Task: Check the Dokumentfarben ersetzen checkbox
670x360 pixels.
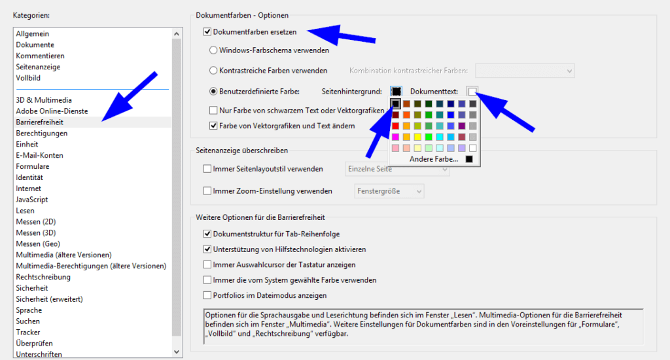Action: point(207,31)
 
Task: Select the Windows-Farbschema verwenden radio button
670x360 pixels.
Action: point(213,50)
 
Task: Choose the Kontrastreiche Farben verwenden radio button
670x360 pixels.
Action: point(213,70)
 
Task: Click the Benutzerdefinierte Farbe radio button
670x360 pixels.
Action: point(213,91)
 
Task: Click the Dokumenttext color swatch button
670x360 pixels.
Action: point(472,91)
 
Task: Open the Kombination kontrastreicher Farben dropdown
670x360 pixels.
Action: point(525,70)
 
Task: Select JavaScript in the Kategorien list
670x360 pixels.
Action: point(32,200)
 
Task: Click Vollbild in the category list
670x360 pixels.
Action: point(28,78)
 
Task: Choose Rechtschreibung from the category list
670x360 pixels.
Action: point(44,277)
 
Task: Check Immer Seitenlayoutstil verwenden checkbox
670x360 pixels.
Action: point(207,169)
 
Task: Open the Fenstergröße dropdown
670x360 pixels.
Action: point(389,191)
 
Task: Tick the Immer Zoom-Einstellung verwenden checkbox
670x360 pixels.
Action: point(207,191)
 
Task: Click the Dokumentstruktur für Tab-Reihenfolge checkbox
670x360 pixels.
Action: point(207,234)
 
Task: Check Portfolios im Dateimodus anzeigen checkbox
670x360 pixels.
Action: point(207,295)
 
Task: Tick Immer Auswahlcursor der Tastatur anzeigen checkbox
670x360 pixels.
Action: point(207,264)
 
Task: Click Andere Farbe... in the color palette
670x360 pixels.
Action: point(434,159)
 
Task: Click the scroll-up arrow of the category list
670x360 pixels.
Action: point(176,33)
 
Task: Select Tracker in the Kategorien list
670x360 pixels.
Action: point(29,333)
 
